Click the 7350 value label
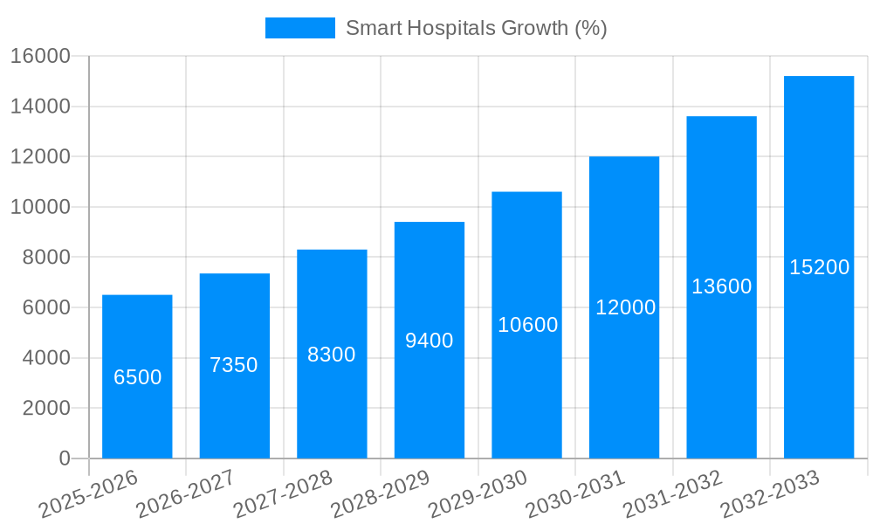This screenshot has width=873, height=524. click(234, 365)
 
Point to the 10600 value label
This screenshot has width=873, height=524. click(527, 325)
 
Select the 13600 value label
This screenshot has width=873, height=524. click(721, 286)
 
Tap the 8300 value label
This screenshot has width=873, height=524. click(332, 355)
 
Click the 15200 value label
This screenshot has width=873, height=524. click(819, 267)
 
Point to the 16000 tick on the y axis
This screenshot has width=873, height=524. click(40, 57)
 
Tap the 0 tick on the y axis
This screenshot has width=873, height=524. click(64, 458)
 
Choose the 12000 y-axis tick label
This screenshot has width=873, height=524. click(40, 157)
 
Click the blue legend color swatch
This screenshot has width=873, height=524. click(299, 28)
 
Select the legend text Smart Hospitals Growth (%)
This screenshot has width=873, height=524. click(476, 28)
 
